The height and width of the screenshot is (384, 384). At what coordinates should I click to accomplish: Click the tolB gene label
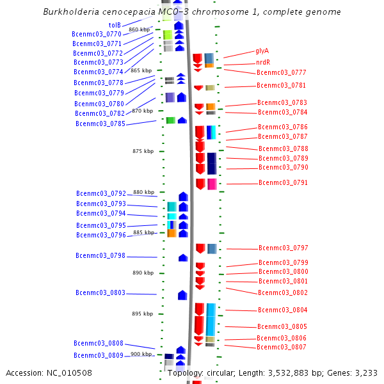[x=115, y=25]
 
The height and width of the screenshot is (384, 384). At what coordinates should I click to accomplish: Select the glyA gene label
[x=262, y=51]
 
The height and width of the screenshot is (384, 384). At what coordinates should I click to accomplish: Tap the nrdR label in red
[x=263, y=62]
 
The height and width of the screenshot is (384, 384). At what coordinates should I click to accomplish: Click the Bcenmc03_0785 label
[x=100, y=124]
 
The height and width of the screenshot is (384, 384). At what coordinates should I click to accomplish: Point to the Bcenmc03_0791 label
[x=283, y=182]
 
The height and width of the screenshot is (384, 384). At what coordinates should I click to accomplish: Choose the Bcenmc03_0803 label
[x=100, y=292]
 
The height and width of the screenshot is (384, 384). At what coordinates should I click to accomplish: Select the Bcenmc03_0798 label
[x=100, y=255]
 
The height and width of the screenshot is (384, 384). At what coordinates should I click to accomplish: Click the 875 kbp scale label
[x=143, y=151]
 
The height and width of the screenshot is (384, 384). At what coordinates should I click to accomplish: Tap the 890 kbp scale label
[x=143, y=273]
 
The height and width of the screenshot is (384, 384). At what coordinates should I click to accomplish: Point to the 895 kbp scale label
[x=142, y=314]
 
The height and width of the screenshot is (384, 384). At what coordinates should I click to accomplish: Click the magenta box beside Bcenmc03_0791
[x=212, y=184]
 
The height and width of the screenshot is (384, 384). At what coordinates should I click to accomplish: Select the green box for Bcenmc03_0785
[x=171, y=120]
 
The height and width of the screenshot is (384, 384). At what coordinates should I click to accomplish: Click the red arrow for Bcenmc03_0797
[x=200, y=248]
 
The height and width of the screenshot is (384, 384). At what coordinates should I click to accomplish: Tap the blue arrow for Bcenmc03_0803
[x=182, y=295]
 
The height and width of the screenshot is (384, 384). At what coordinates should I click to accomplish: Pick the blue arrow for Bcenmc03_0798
[x=183, y=258]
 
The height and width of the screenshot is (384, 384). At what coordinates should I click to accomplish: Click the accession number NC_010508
[x=69, y=372]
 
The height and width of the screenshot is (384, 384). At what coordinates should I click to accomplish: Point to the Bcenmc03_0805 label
[x=282, y=326]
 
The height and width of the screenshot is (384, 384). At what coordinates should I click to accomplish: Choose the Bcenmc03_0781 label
[x=281, y=85]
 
